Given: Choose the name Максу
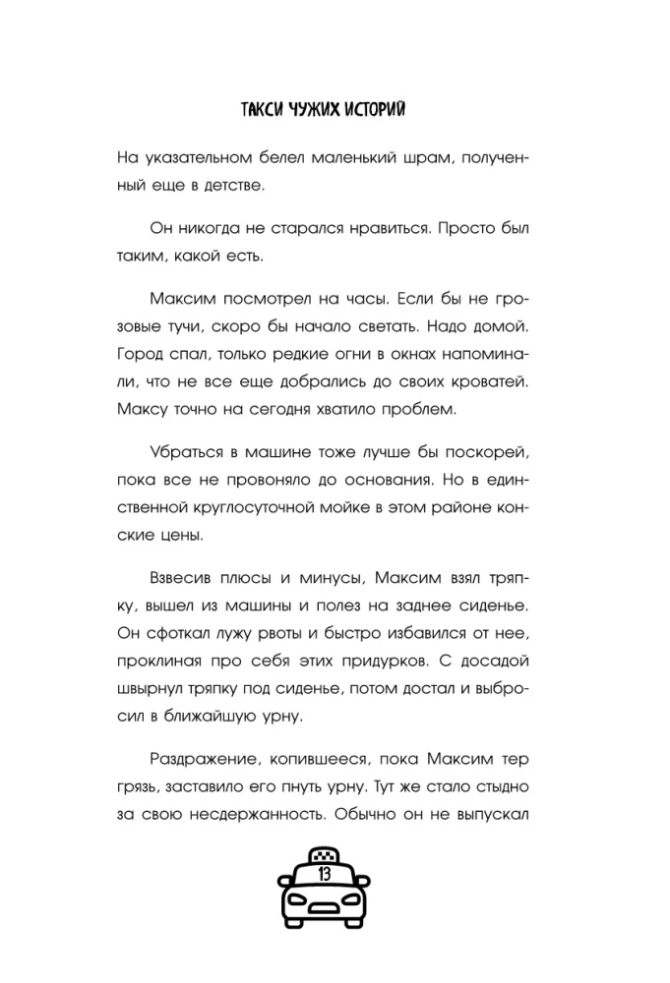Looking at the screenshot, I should [142, 406].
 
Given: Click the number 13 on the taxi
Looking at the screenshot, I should [324, 873].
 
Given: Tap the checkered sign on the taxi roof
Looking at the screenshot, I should [324, 850].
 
